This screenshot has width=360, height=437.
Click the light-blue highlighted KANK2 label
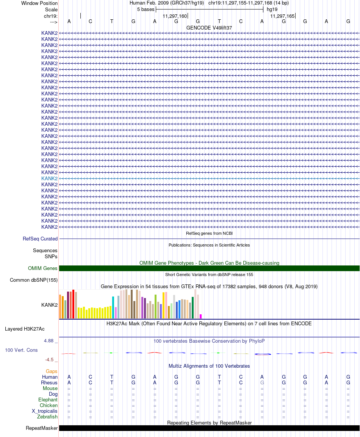49,178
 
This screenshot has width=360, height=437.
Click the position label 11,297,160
175,16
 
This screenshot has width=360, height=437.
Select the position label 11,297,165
282,16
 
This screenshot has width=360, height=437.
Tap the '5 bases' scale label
146,9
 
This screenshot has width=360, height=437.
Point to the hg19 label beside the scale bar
272,9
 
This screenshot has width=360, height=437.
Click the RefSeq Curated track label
40,239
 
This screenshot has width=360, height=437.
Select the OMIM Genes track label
43,268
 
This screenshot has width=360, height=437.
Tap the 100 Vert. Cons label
21,350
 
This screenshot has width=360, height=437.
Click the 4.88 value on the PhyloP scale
49,341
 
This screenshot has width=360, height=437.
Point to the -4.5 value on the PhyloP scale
49,360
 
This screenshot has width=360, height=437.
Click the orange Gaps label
52,371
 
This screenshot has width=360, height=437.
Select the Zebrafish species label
47,417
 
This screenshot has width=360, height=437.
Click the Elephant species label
48,400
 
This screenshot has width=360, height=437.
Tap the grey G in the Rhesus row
262,383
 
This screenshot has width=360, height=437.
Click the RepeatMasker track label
42,428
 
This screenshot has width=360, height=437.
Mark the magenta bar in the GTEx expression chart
201,316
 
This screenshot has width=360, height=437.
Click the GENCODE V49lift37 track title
209,28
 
